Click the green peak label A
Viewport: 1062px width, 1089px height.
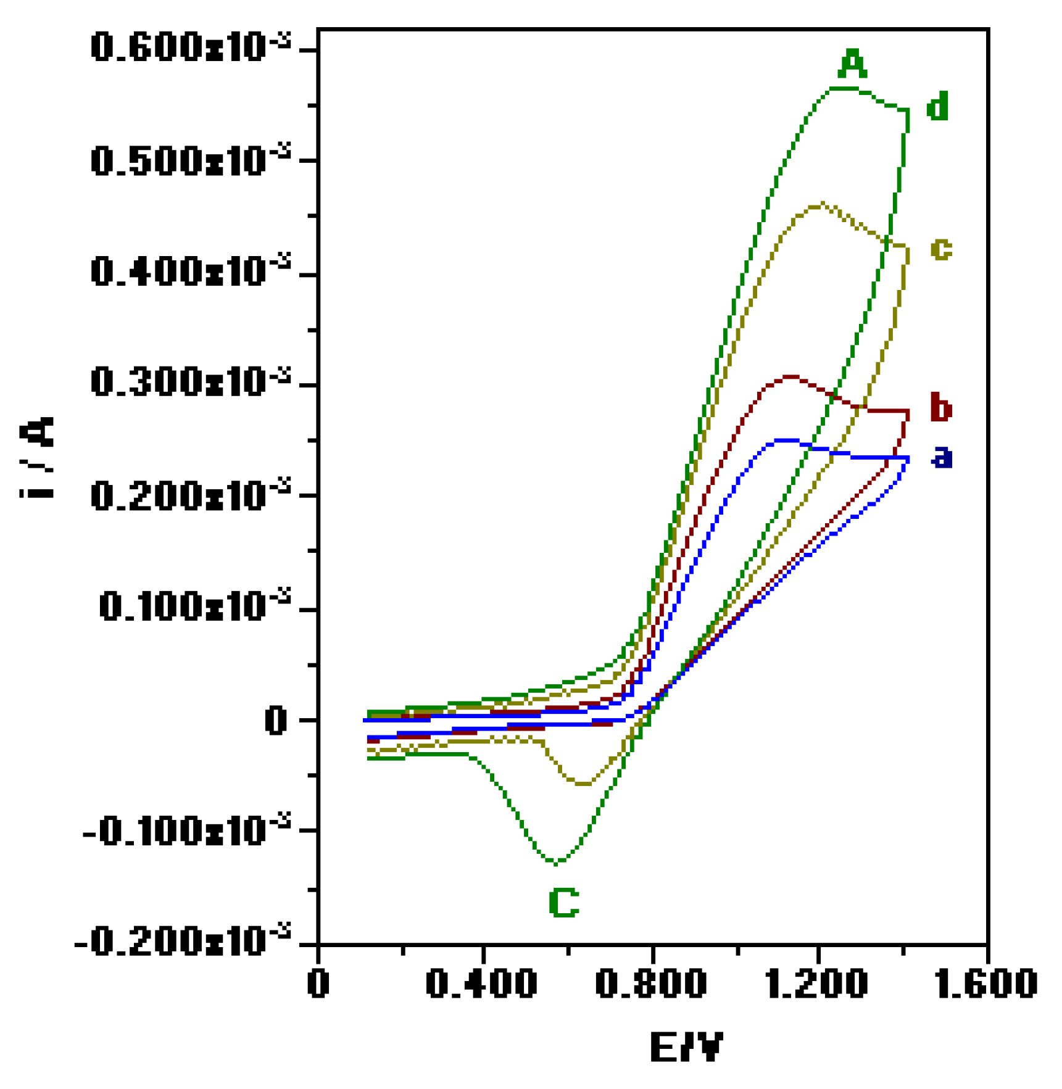point(852,64)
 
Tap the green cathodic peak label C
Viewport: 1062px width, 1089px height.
point(563,903)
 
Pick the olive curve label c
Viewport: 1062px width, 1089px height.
point(940,249)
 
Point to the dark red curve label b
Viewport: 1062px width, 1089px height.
point(940,407)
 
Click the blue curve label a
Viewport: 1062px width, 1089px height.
point(942,457)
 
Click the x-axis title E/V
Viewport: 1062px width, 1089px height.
point(686,1047)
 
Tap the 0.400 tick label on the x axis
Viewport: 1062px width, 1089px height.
point(481,983)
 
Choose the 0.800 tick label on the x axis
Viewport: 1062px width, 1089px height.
point(650,983)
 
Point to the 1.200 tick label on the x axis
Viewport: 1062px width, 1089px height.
point(818,983)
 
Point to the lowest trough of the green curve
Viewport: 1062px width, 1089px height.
point(557,862)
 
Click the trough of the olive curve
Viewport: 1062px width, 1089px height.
point(583,784)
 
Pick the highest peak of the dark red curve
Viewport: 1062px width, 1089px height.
point(789,376)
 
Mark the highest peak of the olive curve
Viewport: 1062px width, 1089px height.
point(820,204)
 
